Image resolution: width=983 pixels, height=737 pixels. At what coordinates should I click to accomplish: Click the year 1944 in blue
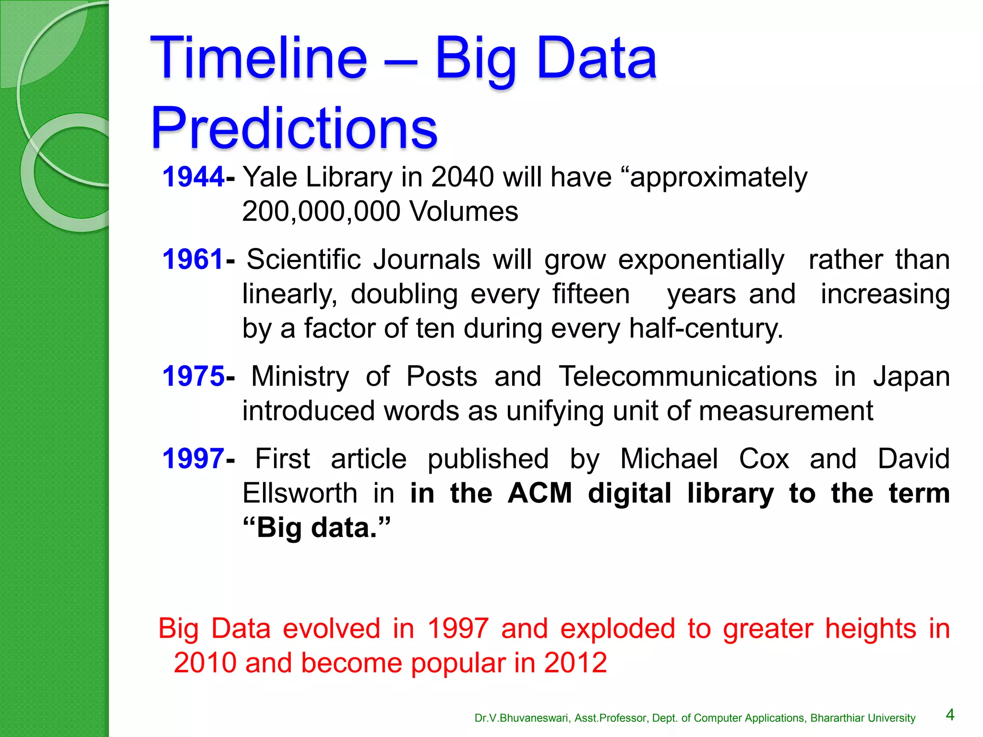pyautogui.click(x=193, y=177)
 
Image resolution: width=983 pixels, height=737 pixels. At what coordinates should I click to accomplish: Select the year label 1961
pyautogui.click(x=193, y=260)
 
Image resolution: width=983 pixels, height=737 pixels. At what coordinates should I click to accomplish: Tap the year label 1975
pyautogui.click(x=193, y=376)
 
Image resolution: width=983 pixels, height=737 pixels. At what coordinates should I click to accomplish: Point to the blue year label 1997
pyautogui.click(x=193, y=459)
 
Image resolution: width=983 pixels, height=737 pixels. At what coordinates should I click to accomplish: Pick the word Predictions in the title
pyautogui.click(x=294, y=129)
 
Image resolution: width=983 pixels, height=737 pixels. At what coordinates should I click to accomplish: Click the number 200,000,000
pyautogui.click(x=321, y=212)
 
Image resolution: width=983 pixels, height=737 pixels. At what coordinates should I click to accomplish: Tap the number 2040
pyautogui.click(x=462, y=177)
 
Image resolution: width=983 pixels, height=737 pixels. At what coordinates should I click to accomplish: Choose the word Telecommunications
pyautogui.click(x=688, y=376)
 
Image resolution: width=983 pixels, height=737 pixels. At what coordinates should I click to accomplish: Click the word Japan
pyautogui.click(x=911, y=376)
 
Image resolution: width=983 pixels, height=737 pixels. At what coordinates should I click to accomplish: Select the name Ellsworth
pyautogui.click(x=300, y=493)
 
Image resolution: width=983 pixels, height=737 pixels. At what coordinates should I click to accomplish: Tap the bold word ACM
pyautogui.click(x=540, y=493)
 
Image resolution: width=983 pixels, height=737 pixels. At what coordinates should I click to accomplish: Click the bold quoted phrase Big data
pyautogui.click(x=317, y=528)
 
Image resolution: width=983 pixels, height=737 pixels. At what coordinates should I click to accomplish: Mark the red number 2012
pyautogui.click(x=575, y=663)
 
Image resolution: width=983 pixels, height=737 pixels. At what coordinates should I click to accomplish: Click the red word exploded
pyautogui.click(x=618, y=629)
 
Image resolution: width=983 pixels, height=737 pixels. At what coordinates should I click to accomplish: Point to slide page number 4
pyautogui.click(x=950, y=715)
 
